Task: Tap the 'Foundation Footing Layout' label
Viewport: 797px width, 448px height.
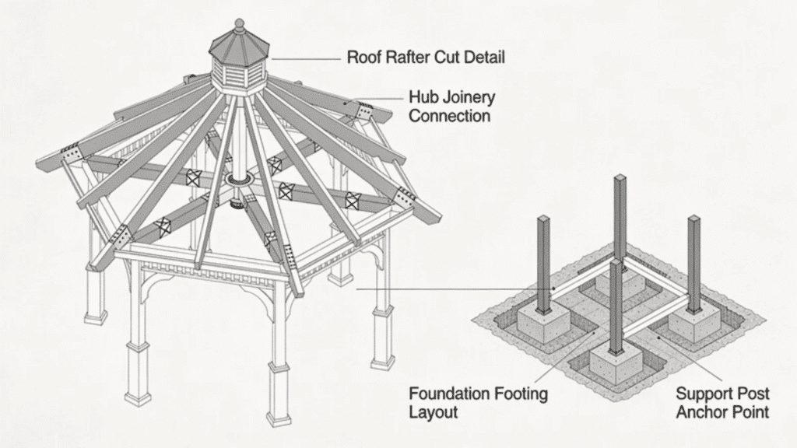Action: pos(478,402)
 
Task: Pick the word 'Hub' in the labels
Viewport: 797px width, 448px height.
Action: pos(423,97)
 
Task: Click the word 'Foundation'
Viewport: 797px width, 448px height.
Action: pos(448,393)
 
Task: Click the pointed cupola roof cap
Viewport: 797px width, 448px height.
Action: pos(239,40)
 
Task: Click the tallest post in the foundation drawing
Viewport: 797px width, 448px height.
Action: pos(620,218)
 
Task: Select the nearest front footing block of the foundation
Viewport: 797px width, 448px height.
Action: pos(616,366)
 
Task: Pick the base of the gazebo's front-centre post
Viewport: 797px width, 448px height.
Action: pos(278,411)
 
